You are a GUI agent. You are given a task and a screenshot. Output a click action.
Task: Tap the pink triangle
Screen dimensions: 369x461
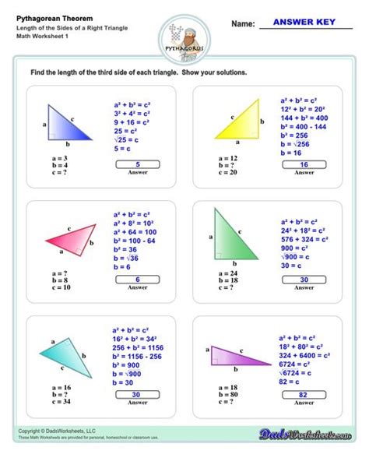pos(73,235)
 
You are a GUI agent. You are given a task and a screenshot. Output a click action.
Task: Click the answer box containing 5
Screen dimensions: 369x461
pos(137,164)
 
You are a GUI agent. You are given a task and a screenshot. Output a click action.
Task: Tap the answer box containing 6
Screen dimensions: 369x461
pos(137,279)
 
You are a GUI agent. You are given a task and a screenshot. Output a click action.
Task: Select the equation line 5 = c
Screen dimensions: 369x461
pos(121,148)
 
